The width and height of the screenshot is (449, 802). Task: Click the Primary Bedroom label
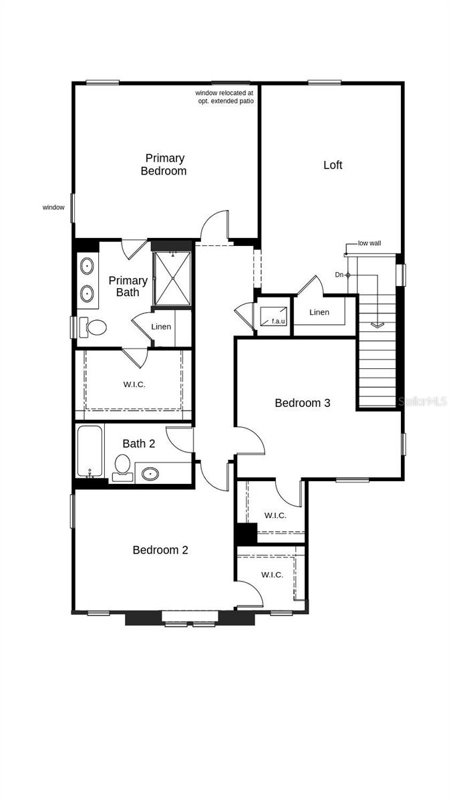[x=164, y=164]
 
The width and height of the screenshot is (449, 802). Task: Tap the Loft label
[x=333, y=165]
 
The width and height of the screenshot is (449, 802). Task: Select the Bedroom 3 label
[x=303, y=403]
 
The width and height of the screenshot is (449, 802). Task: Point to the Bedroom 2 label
[x=160, y=550]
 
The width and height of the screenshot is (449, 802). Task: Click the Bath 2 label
[x=138, y=443]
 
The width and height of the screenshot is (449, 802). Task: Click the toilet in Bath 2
[x=122, y=464]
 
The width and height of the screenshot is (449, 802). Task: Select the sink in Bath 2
[x=150, y=475]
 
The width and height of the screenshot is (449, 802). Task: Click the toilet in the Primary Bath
[x=95, y=327]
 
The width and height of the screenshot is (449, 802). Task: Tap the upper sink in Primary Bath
[x=88, y=267]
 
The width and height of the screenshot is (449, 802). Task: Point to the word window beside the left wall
[x=53, y=208]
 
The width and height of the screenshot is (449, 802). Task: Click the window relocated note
[x=224, y=96]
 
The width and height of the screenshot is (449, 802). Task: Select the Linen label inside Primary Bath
[x=161, y=327]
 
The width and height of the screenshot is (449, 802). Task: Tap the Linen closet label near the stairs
[x=319, y=312]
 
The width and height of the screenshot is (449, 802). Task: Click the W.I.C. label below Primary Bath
[x=134, y=384]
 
